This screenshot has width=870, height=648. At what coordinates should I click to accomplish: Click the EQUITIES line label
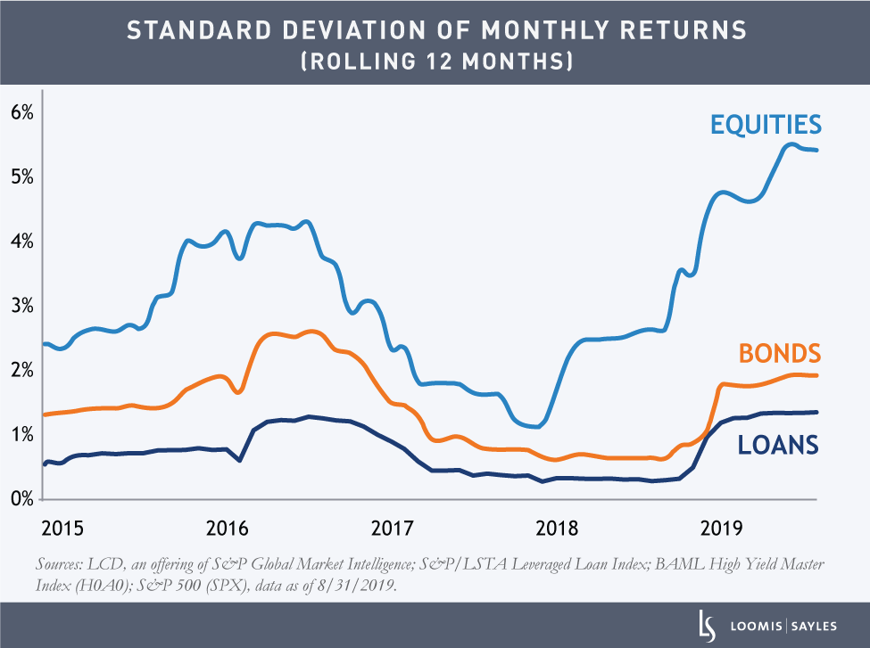pos(765,124)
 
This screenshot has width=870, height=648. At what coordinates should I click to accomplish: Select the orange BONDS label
pos(778,353)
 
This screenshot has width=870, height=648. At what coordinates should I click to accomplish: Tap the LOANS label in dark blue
pos(778,444)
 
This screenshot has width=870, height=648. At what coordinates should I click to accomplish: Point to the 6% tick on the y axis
pos(21,113)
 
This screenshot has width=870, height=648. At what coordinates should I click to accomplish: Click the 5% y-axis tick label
pos(21,176)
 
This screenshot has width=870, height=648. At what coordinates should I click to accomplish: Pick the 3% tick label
pos(21,306)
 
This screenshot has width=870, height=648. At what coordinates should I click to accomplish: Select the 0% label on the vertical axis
pos(21,498)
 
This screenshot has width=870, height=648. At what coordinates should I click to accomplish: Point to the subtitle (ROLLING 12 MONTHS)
pos(435,62)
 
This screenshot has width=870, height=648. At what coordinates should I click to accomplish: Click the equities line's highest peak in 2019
pos(791,144)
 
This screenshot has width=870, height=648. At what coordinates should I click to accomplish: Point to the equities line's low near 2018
pos(534,426)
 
